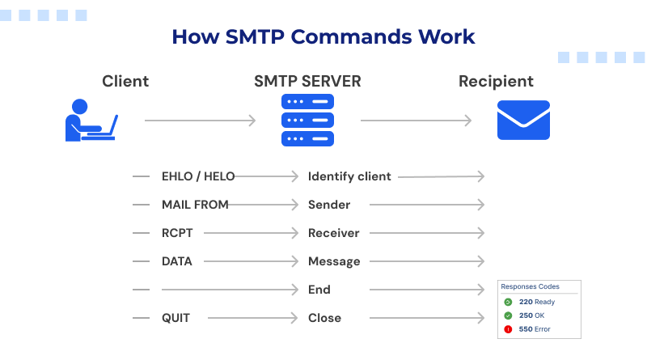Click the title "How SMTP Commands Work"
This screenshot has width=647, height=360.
pos(323,37)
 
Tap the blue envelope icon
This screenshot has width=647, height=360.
pos(522,120)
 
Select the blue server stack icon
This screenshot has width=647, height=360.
pos(307,120)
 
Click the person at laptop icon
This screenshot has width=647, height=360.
pos(91,120)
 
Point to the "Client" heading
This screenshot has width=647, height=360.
pos(125,81)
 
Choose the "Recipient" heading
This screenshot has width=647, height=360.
pos(496,81)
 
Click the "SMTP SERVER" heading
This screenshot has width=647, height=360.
pos(307,81)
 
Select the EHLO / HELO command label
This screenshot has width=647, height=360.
pos(199,176)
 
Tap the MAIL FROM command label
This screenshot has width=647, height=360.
pos(195,205)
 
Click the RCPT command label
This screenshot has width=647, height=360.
pos(177,233)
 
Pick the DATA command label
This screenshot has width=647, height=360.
pos(177,261)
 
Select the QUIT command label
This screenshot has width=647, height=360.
pos(175,318)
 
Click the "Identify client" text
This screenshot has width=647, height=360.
pos(349,176)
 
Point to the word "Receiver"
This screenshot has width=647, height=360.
pos(333,233)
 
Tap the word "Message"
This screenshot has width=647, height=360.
pos(334,261)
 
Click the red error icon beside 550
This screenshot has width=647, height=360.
pos(508,329)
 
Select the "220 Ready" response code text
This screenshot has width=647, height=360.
pos(537,302)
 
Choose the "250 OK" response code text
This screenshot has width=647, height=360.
pos(532,316)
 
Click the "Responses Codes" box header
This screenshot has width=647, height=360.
pos(530,286)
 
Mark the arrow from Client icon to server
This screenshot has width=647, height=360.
pos(200,121)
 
